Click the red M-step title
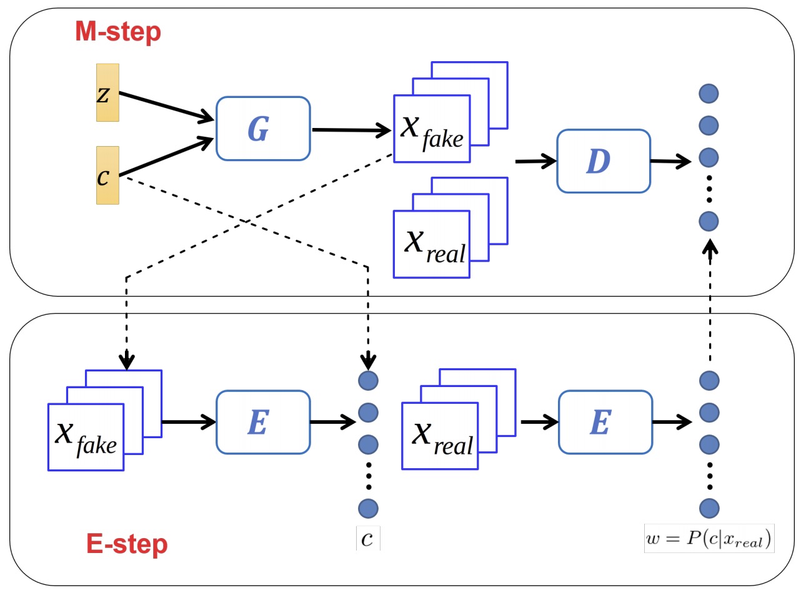(x=117, y=32)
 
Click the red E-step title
(x=127, y=544)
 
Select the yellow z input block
(x=107, y=93)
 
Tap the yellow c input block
(x=107, y=175)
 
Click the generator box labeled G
(x=263, y=129)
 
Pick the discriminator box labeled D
(x=604, y=161)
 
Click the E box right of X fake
(x=263, y=422)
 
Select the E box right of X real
(x=605, y=422)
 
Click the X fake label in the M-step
(x=432, y=132)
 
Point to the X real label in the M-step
(x=435, y=247)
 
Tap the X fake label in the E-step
(x=86, y=439)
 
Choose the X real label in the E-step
(x=442, y=439)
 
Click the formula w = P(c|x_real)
(x=709, y=539)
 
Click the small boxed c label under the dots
(x=367, y=539)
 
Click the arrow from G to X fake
(x=351, y=130)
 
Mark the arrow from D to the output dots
(x=670, y=161)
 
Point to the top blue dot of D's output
(x=709, y=94)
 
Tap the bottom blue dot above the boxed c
(x=368, y=508)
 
